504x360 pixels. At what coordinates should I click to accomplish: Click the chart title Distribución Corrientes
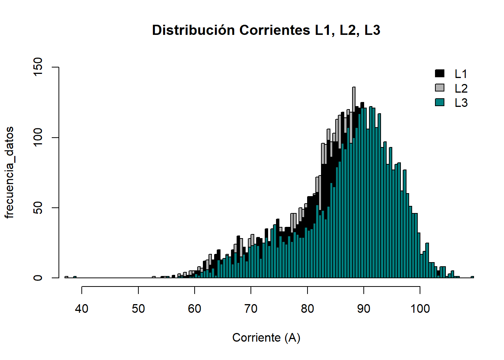[266, 30]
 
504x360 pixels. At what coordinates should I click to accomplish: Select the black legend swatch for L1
[439, 73]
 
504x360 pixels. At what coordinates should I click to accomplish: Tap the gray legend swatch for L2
[439, 88]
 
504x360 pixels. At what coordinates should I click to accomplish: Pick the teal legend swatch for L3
[439, 102]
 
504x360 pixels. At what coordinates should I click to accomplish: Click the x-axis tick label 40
[82, 309]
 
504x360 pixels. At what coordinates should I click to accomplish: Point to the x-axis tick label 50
[138, 309]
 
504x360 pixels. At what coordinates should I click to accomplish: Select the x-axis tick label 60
[195, 309]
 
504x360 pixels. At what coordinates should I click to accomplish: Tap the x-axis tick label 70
[251, 309]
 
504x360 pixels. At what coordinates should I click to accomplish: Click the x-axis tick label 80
[307, 309]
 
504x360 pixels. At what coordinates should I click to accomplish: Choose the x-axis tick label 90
[363, 309]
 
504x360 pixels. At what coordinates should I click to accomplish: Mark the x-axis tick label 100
[420, 309]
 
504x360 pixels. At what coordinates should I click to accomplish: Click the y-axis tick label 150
[38, 67]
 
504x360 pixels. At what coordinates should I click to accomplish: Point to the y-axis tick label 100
[38, 138]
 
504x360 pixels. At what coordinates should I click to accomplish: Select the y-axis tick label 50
[38, 208]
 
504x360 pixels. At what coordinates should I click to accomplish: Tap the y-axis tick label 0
[38, 278]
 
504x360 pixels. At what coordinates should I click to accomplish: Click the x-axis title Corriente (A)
[266, 337]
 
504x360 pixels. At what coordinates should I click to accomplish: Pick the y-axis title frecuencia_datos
[9, 172]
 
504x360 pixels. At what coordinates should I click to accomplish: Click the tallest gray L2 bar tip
[354, 88]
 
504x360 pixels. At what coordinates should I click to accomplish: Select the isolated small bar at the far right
[472, 277]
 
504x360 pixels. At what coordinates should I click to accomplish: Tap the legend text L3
[461, 103]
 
